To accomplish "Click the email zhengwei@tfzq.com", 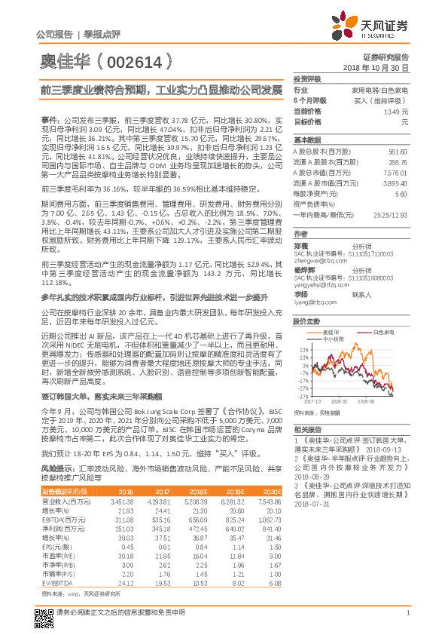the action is [x=316, y=260].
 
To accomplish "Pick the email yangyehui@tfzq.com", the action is [x=318, y=286].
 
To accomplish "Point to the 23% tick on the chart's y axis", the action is [x=303, y=350].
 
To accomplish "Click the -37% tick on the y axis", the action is [x=303, y=395].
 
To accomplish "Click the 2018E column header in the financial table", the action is [x=199, y=491].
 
